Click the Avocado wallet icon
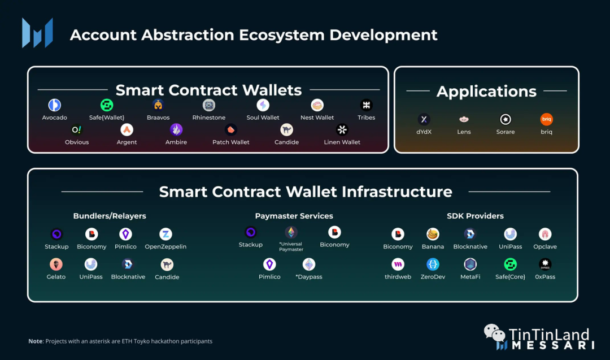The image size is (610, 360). [x=55, y=105]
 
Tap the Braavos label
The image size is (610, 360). [x=158, y=118]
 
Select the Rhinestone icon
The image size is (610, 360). [x=209, y=105]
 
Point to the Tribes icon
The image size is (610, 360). [x=366, y=105]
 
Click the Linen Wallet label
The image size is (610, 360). [x=342, y=142]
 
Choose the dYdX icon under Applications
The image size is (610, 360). [x=424, y=119]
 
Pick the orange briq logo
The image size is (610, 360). [x=546, y=119]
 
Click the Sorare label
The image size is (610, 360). [x=506, y=132]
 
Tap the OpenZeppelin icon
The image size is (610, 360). [x=165, y=234]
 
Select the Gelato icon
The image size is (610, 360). [x=56, y=264]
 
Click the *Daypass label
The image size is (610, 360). [x=309, y=277]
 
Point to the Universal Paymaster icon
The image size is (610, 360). [x=291, y=232]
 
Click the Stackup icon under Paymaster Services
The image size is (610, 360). [x=251, y=232]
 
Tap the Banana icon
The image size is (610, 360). [x=433, y=234]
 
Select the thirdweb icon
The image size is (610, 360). [x=398, y=264]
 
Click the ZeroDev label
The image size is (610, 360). [x=433, y=277]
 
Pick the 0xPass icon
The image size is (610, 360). [x=545, y=264]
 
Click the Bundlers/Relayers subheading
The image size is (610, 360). [x=110, y=216]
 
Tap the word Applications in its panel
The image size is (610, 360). [x=486, y=92]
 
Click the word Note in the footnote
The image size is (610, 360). [x=35, y=341]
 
